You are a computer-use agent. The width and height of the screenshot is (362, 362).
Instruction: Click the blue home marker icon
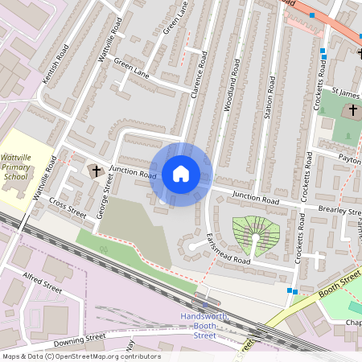(x=181, y=174)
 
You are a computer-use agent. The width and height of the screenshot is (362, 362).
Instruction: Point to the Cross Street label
(x=67, y=208)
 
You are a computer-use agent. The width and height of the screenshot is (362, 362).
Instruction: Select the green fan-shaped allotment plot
(x=256, y=233)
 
